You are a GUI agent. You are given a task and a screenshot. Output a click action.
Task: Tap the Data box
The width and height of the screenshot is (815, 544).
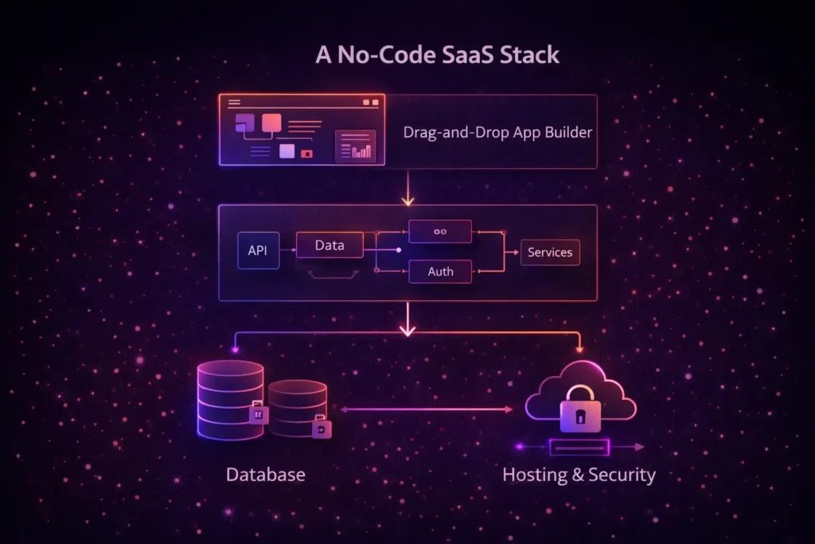tap(330, 245)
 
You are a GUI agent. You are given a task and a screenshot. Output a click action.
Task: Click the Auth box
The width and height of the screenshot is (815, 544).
tap(440, 272)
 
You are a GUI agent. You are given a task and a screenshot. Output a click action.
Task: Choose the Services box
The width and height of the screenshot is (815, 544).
tap(550, 252)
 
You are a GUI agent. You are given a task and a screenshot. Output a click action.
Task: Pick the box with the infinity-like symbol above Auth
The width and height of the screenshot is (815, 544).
tap(440, 232)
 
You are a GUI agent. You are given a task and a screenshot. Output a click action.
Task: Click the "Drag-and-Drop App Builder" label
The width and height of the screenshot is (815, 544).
tap(497, 132)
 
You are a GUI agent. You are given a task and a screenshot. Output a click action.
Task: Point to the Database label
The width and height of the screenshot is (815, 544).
tap(265, 475)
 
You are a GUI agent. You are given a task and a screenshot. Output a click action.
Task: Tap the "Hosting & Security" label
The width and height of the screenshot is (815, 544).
tap(579, 476)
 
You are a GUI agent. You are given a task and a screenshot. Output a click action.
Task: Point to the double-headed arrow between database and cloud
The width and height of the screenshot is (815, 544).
tap(426, 409)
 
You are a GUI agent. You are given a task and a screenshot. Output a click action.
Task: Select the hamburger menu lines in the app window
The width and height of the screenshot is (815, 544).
tap(234, 103)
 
